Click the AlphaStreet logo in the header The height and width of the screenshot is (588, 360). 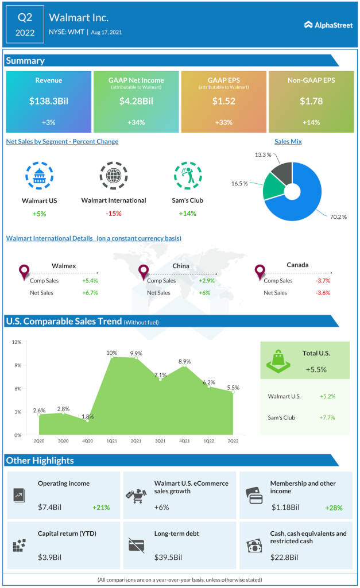[x=327, y=25]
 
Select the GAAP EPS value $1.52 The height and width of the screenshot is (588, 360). [x=223, y=101]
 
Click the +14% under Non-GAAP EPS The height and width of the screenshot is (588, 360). [x=311, y=122]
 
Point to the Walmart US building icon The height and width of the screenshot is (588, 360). [x=40, y=176]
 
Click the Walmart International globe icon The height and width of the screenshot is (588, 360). [x=113, y=176]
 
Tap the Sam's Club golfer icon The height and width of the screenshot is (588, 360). [x=187, y=176]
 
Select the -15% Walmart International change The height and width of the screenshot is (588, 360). [x=114, y=214]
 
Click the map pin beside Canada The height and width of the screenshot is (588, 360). [x=260, y=272]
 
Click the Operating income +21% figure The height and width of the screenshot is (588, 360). [x=101, y=507]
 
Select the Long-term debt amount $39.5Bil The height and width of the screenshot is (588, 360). [x=168, y=557]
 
